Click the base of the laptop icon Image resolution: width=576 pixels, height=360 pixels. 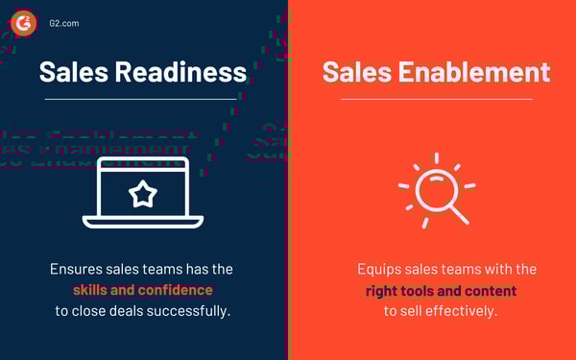click(x=143, y=223)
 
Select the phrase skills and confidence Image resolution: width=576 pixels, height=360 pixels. click(x=143, y=290)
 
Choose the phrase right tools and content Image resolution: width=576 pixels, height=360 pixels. click(x=441, y=291)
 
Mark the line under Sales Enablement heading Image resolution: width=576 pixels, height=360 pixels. click(x=436, y=98)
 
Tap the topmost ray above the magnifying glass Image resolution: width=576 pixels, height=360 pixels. click(x=436, y=156)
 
